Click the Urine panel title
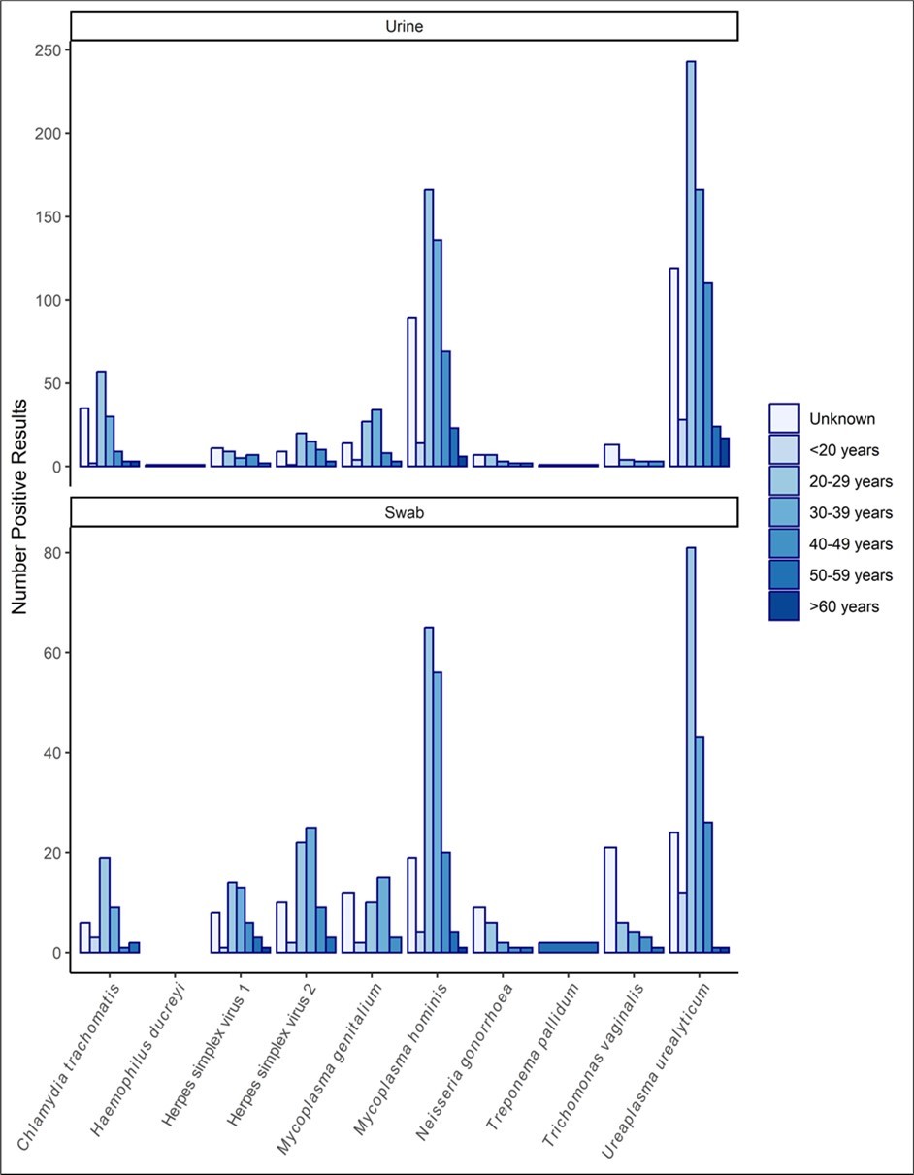click(x=404, y=27)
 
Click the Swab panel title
click(x=404, y=512)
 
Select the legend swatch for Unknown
click(x=784, y=418)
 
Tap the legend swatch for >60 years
click(x=784, y=605)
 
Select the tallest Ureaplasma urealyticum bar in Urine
click(x=691, y=264)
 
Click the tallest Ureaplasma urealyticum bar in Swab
click(x=691, y=749)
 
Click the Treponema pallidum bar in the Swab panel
click(x=568, y=947)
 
